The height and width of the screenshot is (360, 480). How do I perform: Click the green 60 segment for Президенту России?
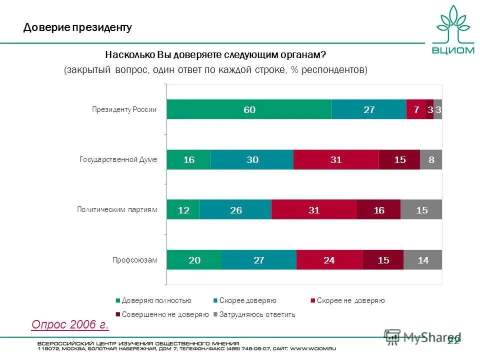(x=249, y=109)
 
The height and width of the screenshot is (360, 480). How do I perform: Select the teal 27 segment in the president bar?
(x=369, y=109)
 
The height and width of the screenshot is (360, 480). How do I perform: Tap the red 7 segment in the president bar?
(x=416, y=109)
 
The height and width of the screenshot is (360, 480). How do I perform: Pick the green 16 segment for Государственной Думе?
(x=188, y=159)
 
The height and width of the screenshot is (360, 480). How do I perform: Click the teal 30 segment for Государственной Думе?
(x=252, y=159)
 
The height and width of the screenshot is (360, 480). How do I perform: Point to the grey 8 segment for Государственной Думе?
(x=431, y=159)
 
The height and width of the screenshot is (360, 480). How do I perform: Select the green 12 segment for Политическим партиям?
(x=183, y=209)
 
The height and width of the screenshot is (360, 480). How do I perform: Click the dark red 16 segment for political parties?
(x=379, y=209)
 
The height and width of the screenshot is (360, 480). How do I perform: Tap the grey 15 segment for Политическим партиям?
(x=421, y=209)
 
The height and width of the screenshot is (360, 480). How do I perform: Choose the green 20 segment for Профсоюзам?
(x=194, y=259)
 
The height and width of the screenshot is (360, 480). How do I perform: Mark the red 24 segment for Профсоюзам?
(x=329, y=259)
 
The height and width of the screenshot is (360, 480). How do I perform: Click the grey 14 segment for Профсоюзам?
(x=423, y=259)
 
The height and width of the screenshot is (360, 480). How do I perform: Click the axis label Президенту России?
(x=124, y=110)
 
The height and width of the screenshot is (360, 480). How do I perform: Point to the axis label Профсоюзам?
(x=134, y=260)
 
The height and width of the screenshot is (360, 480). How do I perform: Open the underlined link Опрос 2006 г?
(x=70, y=325)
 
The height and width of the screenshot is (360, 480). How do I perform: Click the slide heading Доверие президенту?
(x=77, y=27)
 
